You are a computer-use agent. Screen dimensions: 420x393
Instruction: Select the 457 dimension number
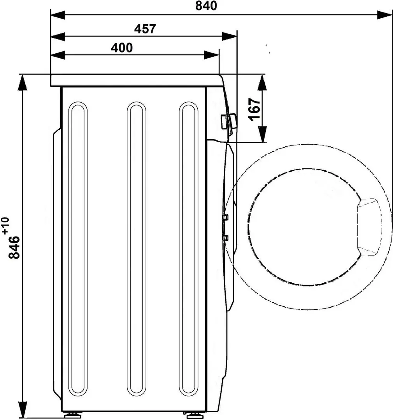pyautogui.click(x=145, y=29)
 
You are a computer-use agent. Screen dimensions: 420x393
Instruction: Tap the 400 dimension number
pyautogui.click(x=122, y=47)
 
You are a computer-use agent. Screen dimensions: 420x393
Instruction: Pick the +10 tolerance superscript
pyautogui.click(x=5, y=226)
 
